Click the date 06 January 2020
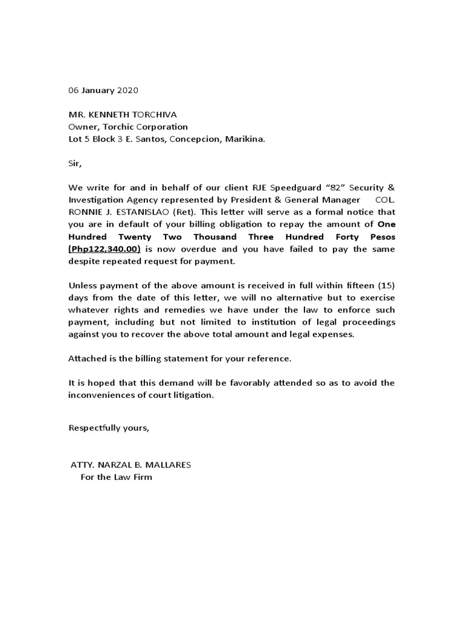click(x=103, y=90)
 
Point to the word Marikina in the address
click(x=244, y=139)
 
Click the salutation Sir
click(x=74, y=163)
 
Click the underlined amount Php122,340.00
click(x=105, y=248)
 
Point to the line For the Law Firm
click(x=117, y=477)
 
